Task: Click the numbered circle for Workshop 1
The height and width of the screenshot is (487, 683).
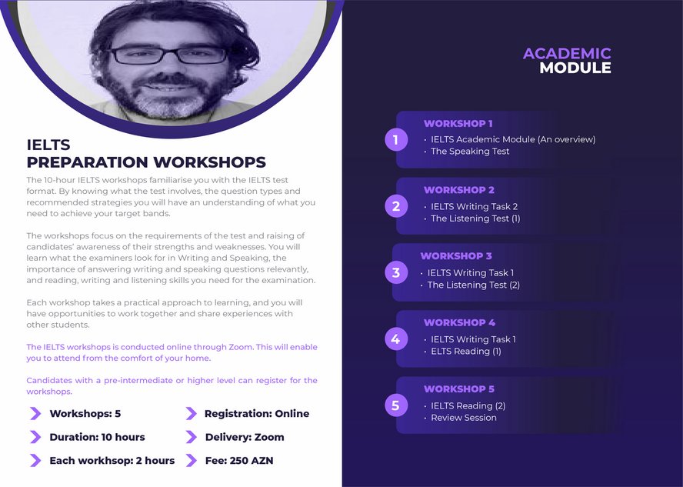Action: tap(396, 140)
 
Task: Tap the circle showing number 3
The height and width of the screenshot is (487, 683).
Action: tap(396, 272)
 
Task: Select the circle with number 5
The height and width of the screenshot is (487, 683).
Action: tap(396, 405)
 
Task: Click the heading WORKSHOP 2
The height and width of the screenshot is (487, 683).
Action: tap(458, 190)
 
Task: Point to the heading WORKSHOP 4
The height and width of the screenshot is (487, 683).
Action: tap(459, 323)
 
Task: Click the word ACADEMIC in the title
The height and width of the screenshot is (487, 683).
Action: tap(567, 54)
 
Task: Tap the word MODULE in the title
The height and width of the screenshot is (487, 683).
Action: tap(575, 68)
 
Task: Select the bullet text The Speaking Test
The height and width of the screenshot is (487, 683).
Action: tap(470, 151)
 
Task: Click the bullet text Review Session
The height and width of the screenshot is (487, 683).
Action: tap(464, 417)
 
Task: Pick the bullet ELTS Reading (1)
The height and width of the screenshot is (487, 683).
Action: tap(465, 351)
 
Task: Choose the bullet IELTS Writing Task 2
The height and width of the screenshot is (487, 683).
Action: tap(474, 206)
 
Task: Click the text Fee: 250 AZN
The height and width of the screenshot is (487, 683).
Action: tap(239, 460)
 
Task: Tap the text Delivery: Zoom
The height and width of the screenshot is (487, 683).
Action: tap(245, 437)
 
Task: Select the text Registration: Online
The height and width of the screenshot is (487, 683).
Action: tap(257, 413)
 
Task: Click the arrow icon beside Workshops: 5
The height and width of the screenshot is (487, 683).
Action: tap(35, 413)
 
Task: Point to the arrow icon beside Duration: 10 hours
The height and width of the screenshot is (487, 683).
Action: tap(35, 437)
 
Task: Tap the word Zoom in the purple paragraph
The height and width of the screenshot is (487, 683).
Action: tap(241, 347)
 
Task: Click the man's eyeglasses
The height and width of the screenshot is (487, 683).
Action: tap(168, 55)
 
